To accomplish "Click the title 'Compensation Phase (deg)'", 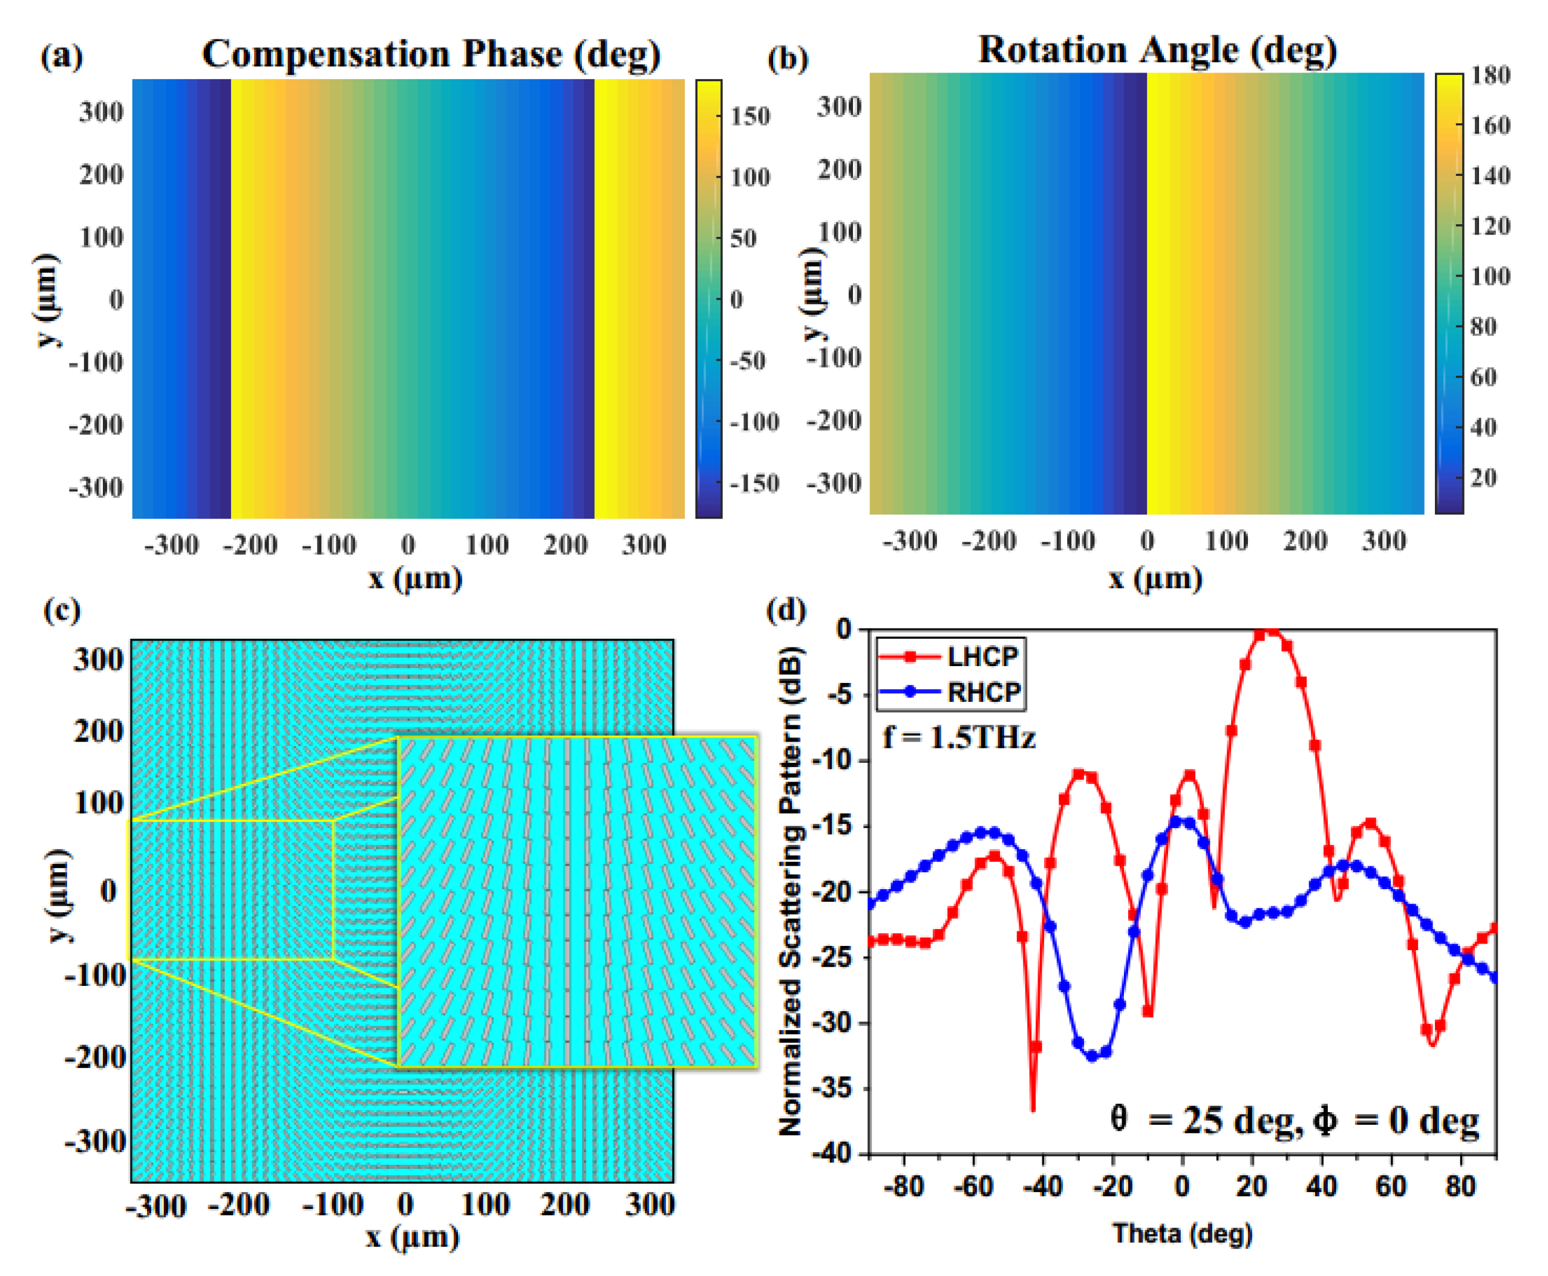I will pyautogui.click(x=431, y=54).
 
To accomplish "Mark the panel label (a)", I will pyautogui.click(x=62, y=56).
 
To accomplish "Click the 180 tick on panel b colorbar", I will pyautogui.click(x=1489, y=75).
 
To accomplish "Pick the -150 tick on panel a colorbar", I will pyautogui.click(x=753, y=483).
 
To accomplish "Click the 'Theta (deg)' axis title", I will pyautogui.click(x=1182, y=1232).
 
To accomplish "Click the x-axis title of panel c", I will pyautogui.click(x=413, y=1237).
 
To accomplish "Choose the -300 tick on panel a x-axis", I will pyautogui.click(x=171, y=545).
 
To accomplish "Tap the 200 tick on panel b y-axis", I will pyautogui.click(x=838, y=170).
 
